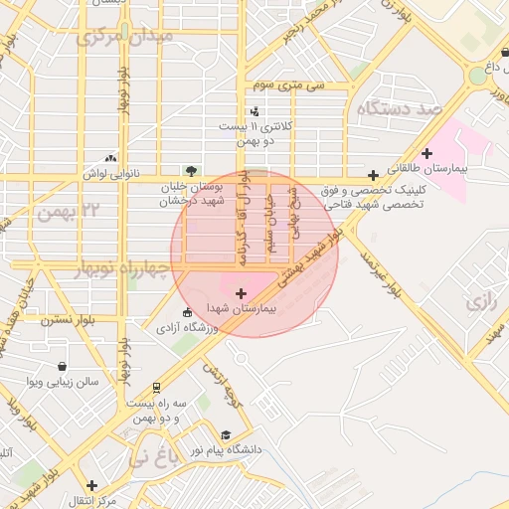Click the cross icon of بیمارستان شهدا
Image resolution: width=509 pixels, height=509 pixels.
(x=242, y=293)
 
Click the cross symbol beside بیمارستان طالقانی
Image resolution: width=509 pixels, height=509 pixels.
(x=426, y=153)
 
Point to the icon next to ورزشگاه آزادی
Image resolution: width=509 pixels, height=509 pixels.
(x=188, y=313)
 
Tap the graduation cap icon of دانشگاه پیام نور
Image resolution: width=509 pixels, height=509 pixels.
(x=226, y=435)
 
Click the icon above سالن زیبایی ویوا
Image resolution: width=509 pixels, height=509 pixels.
(x=63, y=366)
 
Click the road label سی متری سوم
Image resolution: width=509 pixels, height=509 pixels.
(x=289, y=85)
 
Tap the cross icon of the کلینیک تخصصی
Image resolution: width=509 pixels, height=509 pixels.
(x=373, y=175)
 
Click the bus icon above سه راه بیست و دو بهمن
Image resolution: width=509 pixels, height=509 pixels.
(x=156, y=388)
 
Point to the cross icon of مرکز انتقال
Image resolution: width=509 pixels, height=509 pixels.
(x=92, y=485)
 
